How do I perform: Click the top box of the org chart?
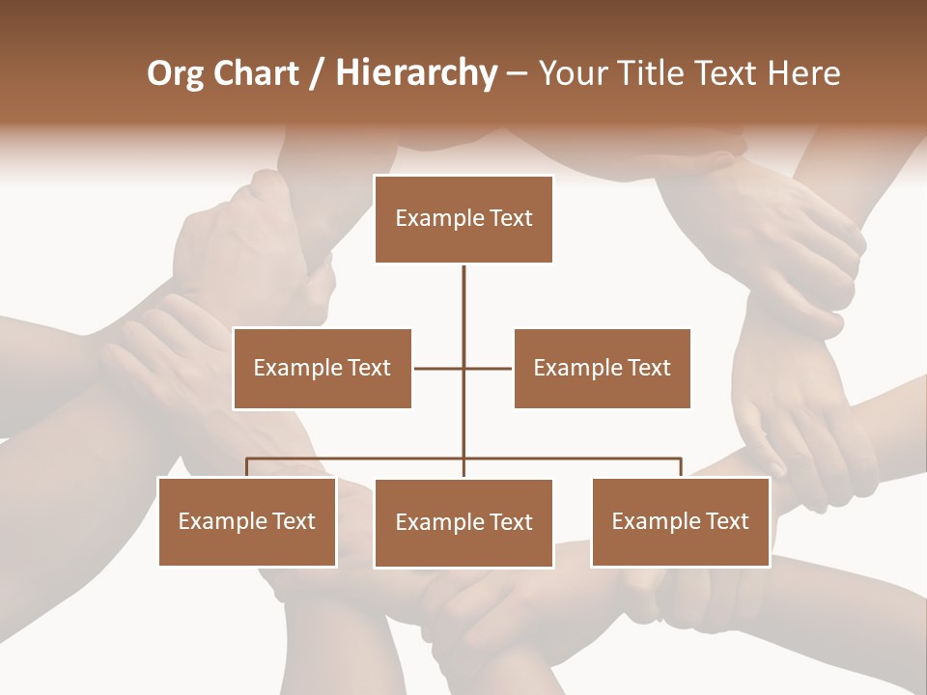click(x=463, y=219)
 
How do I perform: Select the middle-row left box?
click(x=322, y=368)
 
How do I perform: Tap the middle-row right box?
click(x=602, y=368)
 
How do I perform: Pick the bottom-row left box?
click(x=247, y=521)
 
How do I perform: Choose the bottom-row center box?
click(x=463, y=523)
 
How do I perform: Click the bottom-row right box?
click(x=680, y=521)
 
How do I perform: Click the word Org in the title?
click(x=175, y=73)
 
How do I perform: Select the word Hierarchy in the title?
click(x=416, y=73)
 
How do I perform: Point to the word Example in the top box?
click(x=439, y=219)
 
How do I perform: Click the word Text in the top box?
click(x=511, y=219)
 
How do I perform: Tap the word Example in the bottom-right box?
click(x=656, y=521)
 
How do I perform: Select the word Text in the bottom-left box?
click(x=294, y=521)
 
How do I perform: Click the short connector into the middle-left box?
click(x=437, y=368)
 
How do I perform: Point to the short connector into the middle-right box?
click(x=489, y=368)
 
